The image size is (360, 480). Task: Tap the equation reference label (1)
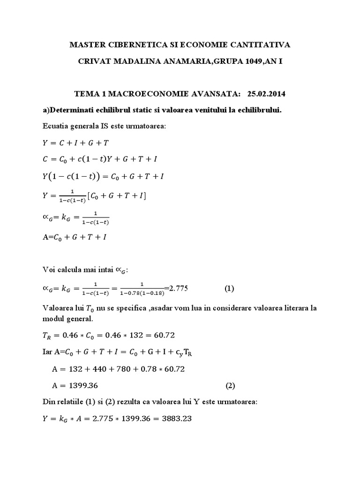[x=229, y=288]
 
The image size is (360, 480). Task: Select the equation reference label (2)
[x=230, y=386]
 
